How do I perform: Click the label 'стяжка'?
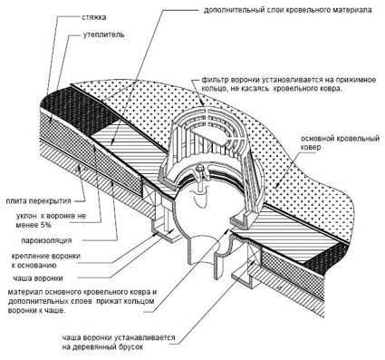[x=93, y=17]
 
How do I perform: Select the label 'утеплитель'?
[x=103, y=34]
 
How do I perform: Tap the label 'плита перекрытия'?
[x=38, y=200]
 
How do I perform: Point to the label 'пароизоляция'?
[x=46, y=240]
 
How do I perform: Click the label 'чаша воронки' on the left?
[x=38, y=278]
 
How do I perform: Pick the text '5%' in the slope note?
[x=45, y=225]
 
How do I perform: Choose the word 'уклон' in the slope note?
[x=26, y=216]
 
